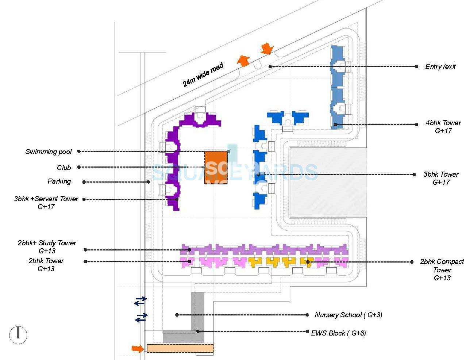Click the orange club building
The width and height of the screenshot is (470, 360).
point(216,167)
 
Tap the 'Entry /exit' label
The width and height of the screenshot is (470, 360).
point(440,66)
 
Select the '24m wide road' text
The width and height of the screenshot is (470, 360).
point(203,75)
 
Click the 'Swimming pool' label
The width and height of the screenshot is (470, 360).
point(49,152)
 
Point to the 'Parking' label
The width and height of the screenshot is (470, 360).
point(59,181)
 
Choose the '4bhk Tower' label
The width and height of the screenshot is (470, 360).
point(443,123)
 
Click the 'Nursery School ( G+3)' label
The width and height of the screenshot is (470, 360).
point(348,315)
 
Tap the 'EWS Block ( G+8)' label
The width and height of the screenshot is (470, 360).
point(338,333)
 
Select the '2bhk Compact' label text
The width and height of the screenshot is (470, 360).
point(442,262)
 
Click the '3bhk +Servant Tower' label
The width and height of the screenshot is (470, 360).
point(46,199)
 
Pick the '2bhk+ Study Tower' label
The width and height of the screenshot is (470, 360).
point(47,243)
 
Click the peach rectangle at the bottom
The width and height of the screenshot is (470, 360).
point(180,348)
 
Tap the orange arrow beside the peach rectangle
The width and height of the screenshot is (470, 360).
point(138,349)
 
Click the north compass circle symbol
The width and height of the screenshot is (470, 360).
point(18,334)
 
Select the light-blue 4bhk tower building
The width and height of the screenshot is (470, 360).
point(338,88)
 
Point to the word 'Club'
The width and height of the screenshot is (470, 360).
point(64,168)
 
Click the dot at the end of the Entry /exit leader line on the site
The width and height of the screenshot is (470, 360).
point(270,66)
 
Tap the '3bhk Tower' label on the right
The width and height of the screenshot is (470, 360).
point(441,175)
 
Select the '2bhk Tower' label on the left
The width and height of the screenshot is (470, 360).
point(46,261)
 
